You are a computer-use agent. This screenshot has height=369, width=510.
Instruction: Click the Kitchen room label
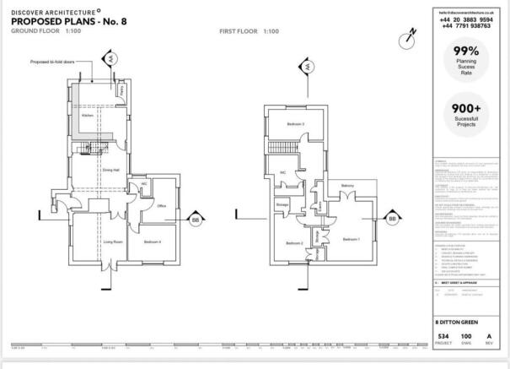pyautogui.click(x=86, y=116)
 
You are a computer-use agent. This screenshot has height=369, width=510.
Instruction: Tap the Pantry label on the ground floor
pyautogui.click(x=121, y=90)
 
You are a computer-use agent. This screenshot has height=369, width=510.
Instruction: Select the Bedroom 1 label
pyautogui.click(x=352, y=239)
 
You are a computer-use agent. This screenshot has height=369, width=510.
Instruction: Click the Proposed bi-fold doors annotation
pyautogui.click(x=48, y=62)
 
